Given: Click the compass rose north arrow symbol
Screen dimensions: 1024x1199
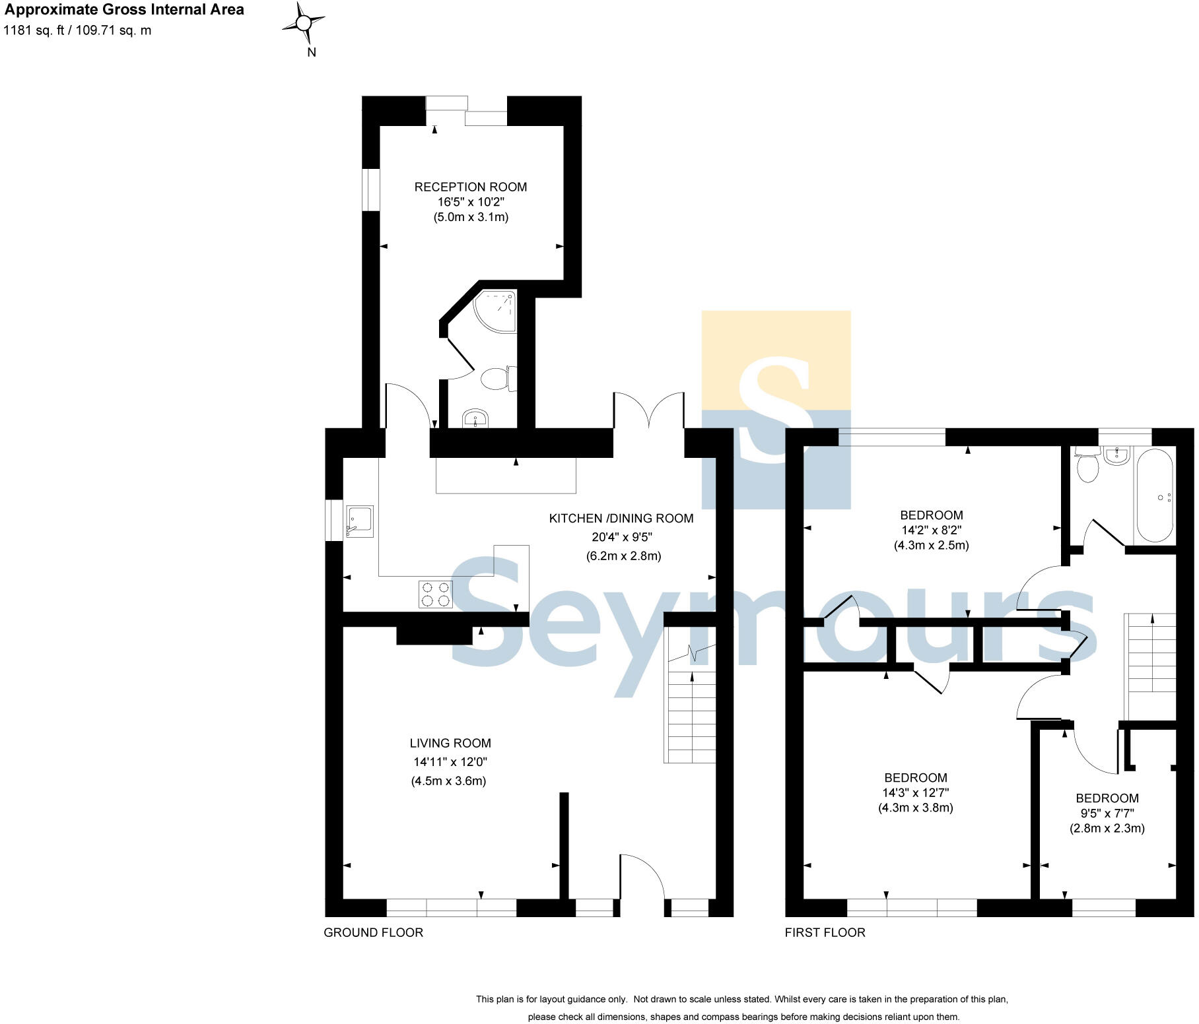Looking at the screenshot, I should point(303,24).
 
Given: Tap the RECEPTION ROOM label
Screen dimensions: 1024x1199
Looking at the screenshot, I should point(470,187).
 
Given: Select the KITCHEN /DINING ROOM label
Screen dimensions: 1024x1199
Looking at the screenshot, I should point(621,519).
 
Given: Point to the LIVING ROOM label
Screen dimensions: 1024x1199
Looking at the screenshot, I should point(450,743).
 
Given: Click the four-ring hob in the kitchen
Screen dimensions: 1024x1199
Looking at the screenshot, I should point(435,594).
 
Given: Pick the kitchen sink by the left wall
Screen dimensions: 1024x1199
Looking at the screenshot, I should point(360,522).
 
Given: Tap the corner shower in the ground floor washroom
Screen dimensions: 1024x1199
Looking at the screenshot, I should point(497,311).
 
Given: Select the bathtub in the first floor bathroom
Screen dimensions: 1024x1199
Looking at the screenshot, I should point(1153,495).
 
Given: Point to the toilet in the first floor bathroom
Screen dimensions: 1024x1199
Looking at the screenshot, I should point(1087,466).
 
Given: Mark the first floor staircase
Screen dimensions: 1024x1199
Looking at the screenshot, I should point(1150,666).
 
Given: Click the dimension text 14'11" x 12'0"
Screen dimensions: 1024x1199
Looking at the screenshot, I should point(450,762).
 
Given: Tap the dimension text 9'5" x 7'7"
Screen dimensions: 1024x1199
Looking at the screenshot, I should point(1107,814).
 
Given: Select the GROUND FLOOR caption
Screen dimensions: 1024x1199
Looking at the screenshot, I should point(373,932).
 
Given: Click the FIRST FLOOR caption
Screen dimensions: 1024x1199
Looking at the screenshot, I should point(825,932).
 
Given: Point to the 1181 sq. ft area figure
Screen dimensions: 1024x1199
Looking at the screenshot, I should point(33,30).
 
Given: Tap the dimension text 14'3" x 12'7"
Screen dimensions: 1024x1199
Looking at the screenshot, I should point(915,793).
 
